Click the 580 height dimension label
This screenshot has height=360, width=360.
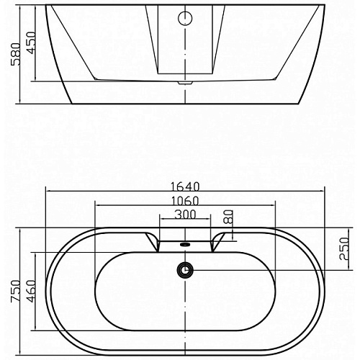coord(16,54)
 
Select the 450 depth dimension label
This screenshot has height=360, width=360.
coord(31,42)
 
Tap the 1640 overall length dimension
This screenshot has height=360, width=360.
coord(185,186)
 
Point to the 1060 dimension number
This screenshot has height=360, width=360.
coord(185,201)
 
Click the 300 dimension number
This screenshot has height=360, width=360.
coord(185,215)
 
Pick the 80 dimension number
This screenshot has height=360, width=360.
coord(228,217)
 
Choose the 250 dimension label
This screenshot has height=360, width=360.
coord(344,249)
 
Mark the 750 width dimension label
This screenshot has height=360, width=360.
coord(16,291)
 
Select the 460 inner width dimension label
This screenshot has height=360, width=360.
coord(31,291)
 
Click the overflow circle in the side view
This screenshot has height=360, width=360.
coord(185,18)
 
